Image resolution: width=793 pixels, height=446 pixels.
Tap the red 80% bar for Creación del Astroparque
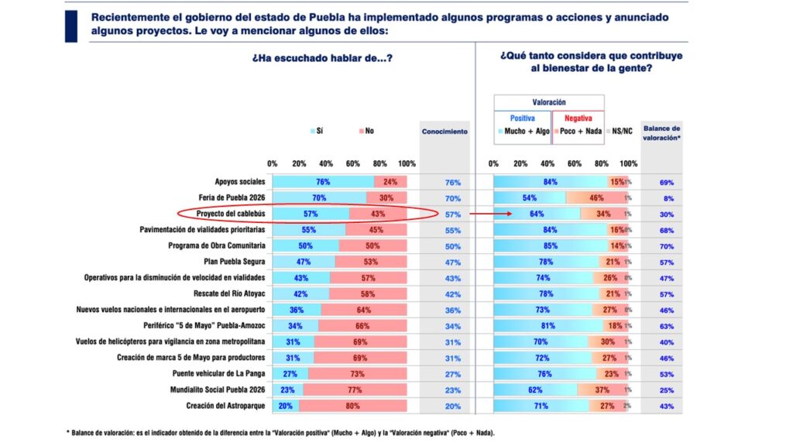(353, 407)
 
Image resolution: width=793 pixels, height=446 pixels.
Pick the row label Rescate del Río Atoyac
(230, 294)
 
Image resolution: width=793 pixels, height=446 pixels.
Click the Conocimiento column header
(445, 132)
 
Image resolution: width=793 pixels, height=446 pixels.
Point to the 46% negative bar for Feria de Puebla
(597, 198)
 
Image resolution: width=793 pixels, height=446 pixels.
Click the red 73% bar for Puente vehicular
(359, 374)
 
